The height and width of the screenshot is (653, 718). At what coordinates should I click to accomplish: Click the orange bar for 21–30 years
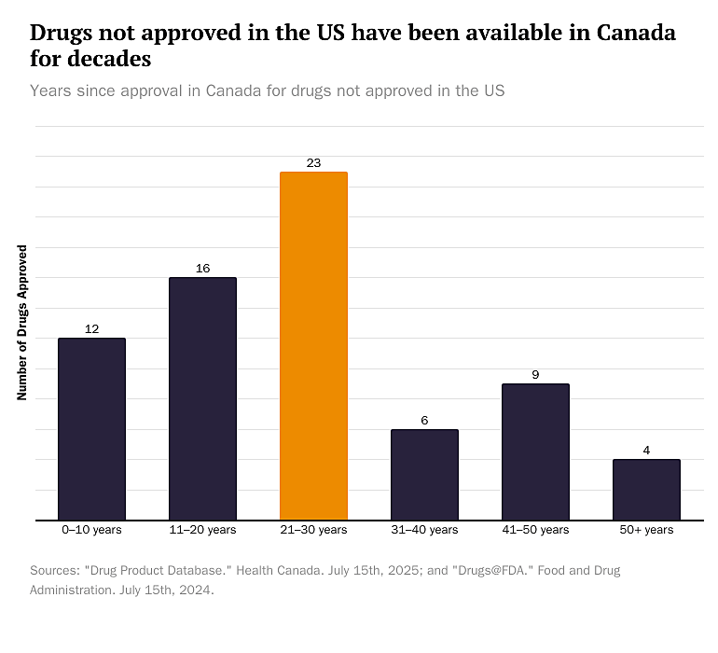[313, 345]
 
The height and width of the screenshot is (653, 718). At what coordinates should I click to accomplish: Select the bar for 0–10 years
[91, 428]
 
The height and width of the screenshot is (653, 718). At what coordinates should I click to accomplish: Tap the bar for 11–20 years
[202, 398]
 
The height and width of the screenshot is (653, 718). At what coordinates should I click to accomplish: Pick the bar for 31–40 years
[424, 474]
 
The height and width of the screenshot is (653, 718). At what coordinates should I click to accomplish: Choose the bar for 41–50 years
[535, 452]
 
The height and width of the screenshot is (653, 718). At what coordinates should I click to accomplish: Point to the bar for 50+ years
[646, 489]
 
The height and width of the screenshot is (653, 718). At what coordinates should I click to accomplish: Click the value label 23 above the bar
[313, 163]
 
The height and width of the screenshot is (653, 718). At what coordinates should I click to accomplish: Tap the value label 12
[91, 329]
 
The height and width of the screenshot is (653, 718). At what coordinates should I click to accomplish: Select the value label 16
[202, 269]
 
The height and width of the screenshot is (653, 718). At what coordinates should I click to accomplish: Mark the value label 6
[424, 421]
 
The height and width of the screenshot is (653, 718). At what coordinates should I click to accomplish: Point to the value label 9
[535, 375]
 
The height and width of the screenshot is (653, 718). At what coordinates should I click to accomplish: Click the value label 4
[646, 451]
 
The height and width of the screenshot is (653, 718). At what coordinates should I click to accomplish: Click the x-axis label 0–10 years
[91, 530]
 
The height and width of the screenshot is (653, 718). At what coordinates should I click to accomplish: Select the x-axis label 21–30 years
[313, 530]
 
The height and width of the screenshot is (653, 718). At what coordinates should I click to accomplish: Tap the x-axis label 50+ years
[646, 530]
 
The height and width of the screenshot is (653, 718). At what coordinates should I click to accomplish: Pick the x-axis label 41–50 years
[535, 530]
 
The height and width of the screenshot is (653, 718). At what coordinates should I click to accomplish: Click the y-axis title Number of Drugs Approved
[22, 323]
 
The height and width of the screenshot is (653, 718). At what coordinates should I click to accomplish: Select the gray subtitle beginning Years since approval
[267, 90]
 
